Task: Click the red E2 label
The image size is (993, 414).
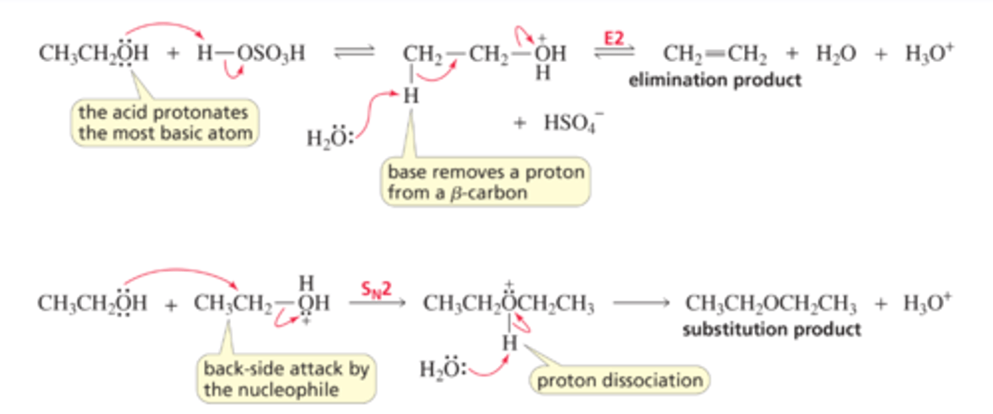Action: click(612, 38)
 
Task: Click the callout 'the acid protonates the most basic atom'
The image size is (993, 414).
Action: click(165, 122)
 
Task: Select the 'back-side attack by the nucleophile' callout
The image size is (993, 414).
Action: click(285, 378)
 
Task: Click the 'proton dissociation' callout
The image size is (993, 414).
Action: click(619, 380)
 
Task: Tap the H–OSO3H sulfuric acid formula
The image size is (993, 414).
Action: click(251, 54)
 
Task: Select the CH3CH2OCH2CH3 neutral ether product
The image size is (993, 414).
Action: click(770, 304)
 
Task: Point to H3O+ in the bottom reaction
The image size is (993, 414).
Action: click(927, 304)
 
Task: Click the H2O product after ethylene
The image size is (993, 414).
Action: click(835, 54)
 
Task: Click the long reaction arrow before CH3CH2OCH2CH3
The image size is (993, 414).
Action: click(639, 304)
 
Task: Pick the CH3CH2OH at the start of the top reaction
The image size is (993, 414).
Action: click(93, 54)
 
